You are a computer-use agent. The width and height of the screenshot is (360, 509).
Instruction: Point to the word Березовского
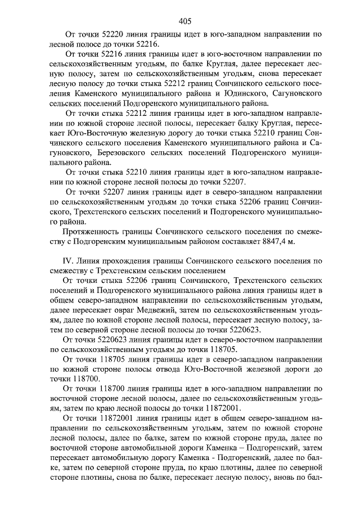coord(120,152)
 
